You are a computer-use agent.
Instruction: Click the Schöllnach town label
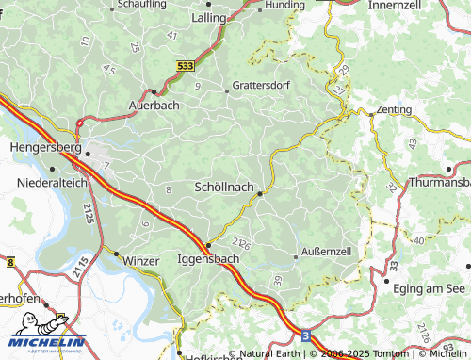(x=225, y=187)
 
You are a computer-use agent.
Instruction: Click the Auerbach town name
(x=153, y=106)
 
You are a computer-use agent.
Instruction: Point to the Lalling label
(x=209, y=17)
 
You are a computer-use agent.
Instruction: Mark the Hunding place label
(x=284, y=5)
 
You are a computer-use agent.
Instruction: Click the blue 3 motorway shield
(x=304, y=335)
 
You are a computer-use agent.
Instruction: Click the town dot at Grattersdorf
(x=226, y=91)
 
